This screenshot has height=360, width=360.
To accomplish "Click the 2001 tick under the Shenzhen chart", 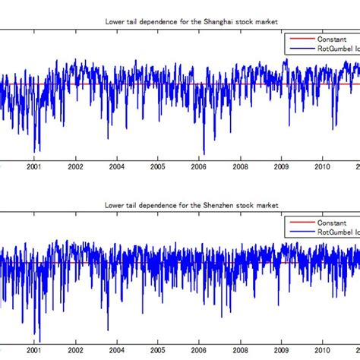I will pyautogui.click(x=34, y=351).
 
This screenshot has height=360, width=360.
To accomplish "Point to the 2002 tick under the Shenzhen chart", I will pyautogui.click(x=75, y=351).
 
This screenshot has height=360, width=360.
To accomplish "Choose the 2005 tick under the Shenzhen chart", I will pyautogui.click(x=157, y=351).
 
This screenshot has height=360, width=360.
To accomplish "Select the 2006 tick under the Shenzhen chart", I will pyautogui.click(x=198, y=351).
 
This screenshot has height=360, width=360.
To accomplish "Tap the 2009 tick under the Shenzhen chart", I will pyautogui.click(x=281, y=351).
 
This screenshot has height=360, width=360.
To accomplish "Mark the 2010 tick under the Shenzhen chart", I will pyautogui.click(x=322, y=351).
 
